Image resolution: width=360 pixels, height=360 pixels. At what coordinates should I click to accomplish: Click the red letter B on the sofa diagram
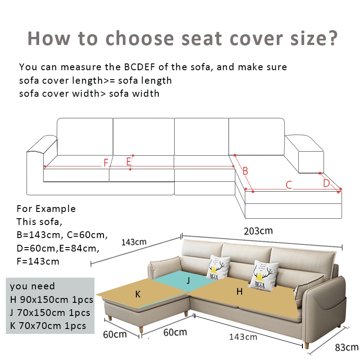point(245,171)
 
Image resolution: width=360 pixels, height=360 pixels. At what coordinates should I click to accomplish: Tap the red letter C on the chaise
point(289,185)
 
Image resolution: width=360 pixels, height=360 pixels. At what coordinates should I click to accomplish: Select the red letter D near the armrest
point(326,183)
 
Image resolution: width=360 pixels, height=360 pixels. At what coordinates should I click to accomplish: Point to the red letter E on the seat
point(129,162)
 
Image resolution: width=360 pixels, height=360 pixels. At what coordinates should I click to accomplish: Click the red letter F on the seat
point(106,163)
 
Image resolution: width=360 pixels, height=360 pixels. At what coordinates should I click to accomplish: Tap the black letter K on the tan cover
point(138,294)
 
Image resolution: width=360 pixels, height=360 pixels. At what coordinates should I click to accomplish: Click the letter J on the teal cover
point(188,280)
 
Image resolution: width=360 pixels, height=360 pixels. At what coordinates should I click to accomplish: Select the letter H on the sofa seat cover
point(239,292)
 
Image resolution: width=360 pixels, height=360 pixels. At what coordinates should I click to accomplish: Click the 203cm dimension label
point(258,231)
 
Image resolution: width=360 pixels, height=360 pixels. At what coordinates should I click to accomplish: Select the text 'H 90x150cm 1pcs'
point(52,300)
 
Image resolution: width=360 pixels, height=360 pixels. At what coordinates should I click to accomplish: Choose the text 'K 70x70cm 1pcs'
point(48,326)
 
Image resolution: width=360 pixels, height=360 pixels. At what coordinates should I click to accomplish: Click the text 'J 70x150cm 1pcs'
point(50,313)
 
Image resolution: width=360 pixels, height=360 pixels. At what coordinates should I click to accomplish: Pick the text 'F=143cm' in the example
point(38,261)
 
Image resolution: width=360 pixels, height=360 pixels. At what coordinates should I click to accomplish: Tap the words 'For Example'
point(46,209)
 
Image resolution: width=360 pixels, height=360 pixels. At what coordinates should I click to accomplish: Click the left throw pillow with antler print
point(218,267)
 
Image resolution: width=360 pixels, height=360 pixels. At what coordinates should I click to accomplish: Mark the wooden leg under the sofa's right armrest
point(306,346)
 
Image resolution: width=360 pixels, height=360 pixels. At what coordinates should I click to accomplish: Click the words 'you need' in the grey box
point(32,286)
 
